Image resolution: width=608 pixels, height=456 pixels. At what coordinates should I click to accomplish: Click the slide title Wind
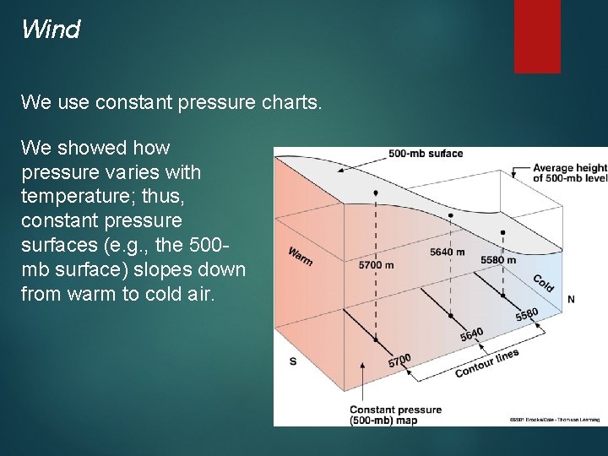point(51,30)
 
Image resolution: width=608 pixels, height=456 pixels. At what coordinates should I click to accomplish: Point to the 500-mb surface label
point(426,154)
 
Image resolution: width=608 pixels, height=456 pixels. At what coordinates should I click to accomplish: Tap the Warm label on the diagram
point(300,255)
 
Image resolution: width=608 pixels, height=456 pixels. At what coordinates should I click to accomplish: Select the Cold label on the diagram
point(543,283)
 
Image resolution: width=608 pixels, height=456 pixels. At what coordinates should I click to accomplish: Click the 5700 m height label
point(376,265)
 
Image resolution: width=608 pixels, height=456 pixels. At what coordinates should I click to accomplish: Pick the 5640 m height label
point(447,252)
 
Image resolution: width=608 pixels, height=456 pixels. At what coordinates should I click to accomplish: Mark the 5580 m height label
point(498,259)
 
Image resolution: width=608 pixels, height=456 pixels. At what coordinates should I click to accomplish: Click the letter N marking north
point(572,299)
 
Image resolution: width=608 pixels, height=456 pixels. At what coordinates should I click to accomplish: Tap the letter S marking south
point(292,361)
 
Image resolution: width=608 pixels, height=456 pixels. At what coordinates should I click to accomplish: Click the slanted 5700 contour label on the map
point(399,361)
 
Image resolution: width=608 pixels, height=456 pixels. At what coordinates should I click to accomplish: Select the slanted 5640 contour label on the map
point(471,334)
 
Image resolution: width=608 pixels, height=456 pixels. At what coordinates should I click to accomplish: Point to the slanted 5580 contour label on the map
point(526,314)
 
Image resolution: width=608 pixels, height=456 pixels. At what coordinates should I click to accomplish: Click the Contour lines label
point(486,363)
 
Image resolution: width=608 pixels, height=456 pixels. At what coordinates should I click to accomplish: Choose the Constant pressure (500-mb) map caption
point(395,415)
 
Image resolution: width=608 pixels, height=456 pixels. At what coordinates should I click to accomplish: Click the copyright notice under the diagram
point(553,420)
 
